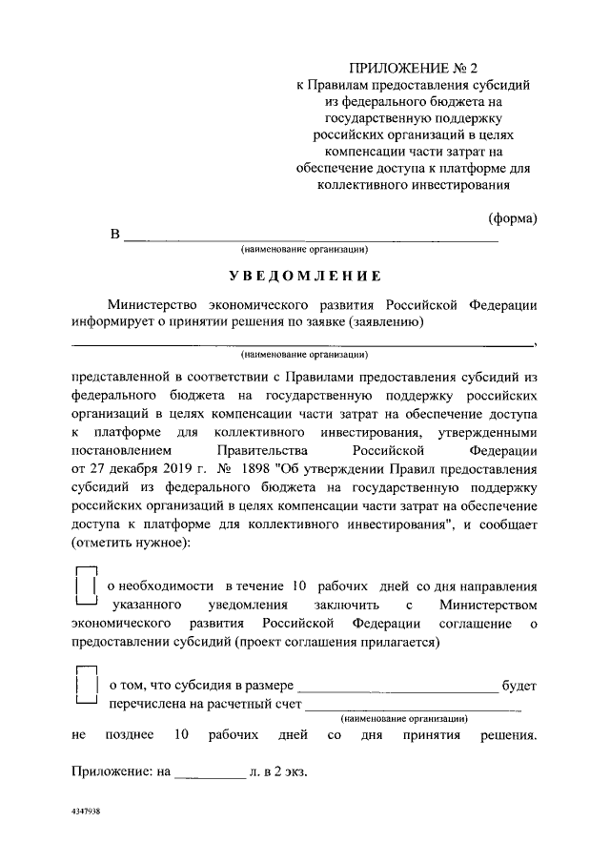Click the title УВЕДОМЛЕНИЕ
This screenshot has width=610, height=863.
(304, 276)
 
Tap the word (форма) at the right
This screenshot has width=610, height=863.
(513, 218)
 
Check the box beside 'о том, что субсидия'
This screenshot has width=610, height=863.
(86, 685)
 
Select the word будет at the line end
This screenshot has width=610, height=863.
(519, 685)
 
